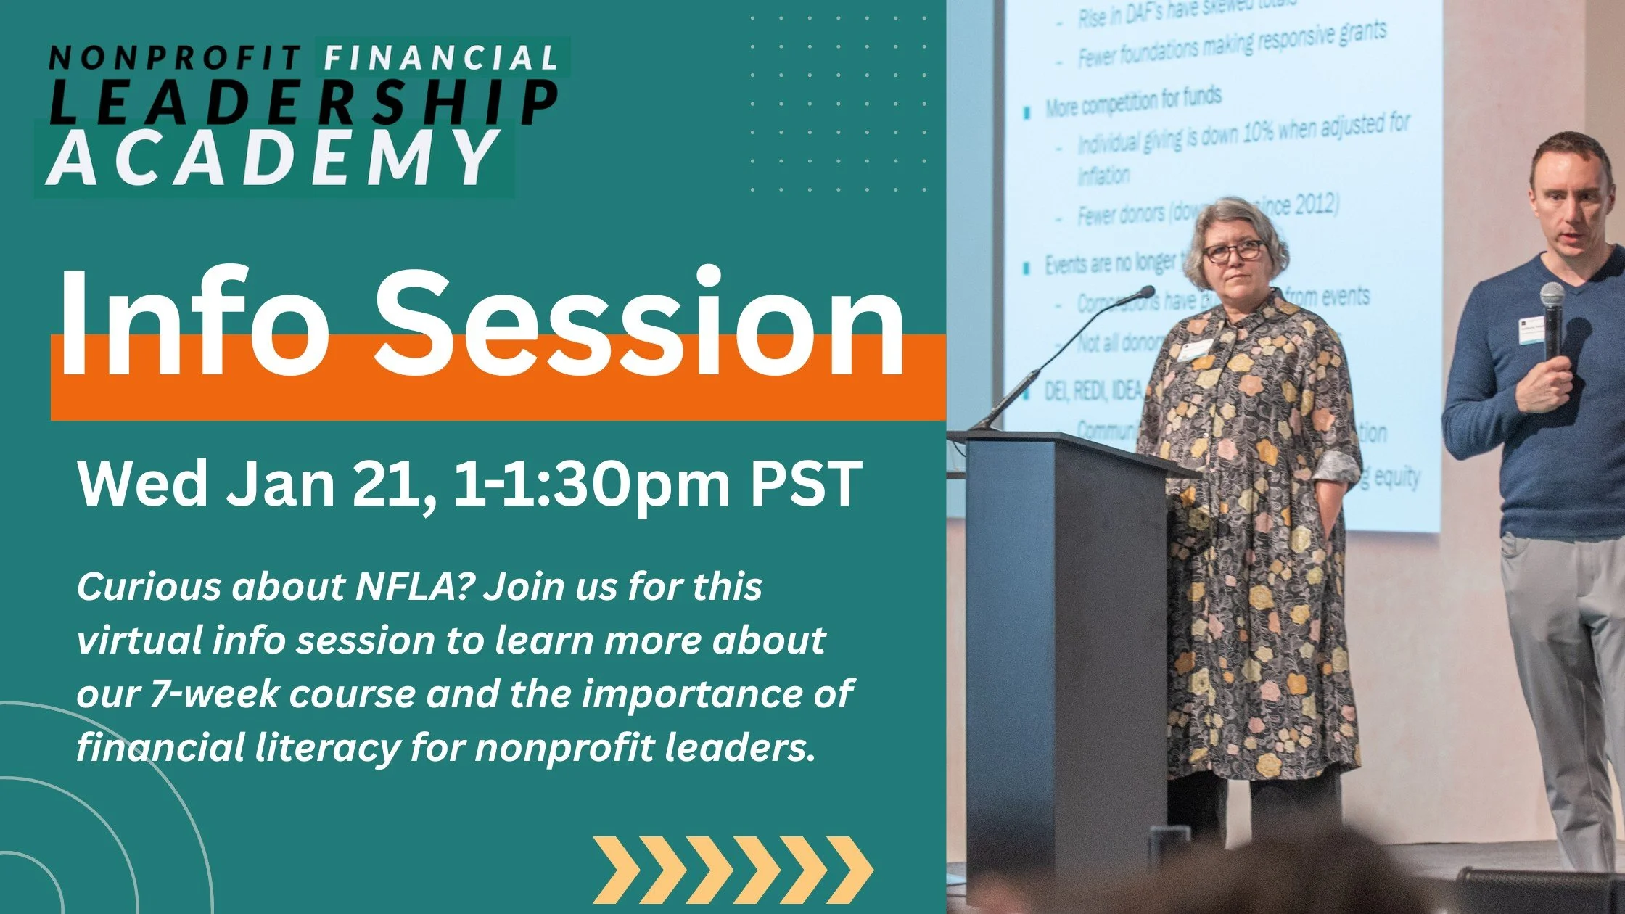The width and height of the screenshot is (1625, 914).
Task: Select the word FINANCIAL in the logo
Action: [441, 58]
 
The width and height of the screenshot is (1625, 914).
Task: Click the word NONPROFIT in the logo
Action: [174, 58]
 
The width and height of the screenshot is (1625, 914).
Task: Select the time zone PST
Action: [805, 485]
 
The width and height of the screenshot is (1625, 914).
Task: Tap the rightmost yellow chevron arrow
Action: [850, 870]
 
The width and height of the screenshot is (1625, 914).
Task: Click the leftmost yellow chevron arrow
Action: [615, 870]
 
